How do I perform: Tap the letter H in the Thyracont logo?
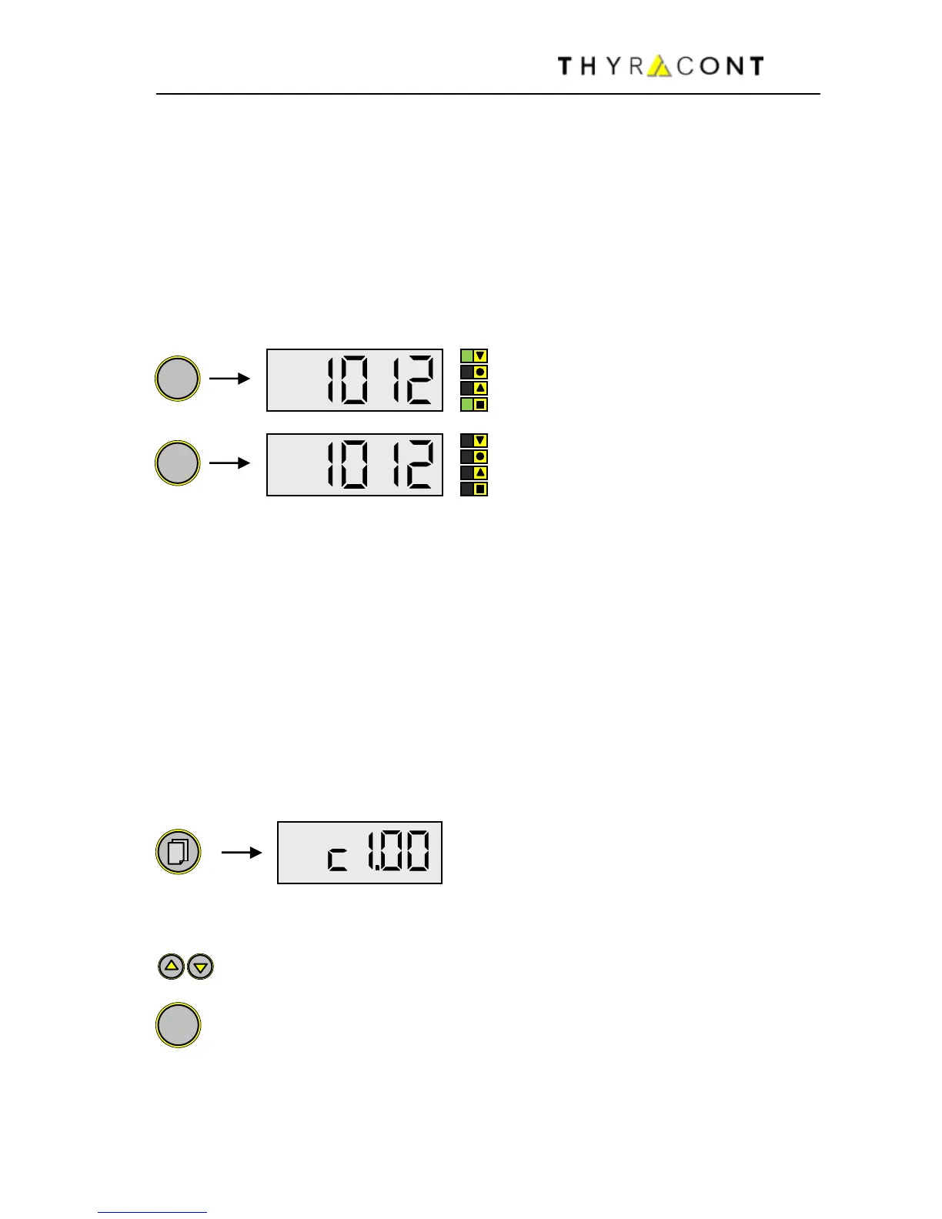click(x=587, y=66)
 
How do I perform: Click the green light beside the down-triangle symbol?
click(x=466, y=356)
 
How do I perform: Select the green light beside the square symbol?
click(x=466, y=405)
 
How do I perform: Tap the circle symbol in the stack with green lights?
click(x=481, y=372)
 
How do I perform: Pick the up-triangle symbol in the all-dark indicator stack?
click(x=481, y=473)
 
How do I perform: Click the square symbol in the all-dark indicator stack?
click(x=481, y=489)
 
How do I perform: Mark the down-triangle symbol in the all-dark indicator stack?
click(x=481, y=441)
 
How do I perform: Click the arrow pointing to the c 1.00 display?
click(x=242, y=853)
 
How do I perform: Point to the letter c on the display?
click(x=337, y=859)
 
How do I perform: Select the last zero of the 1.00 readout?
click(x=418, y=853)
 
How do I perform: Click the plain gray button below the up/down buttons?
click(x=178, y=1025)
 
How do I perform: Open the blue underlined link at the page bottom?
click(x=152, y=1211)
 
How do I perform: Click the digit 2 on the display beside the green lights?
click(x=420, y=380)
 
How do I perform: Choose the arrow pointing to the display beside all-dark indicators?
click(x=230, y=463)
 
